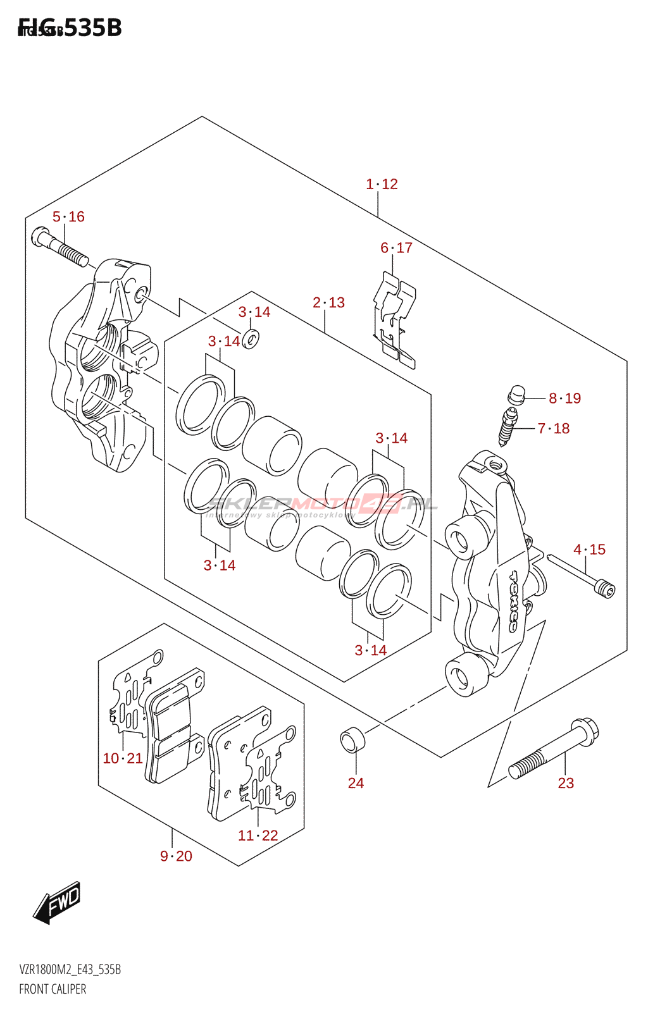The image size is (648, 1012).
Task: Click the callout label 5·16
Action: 68,217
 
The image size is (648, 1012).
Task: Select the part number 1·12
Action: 382,184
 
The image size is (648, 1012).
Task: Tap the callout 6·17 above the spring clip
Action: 396,248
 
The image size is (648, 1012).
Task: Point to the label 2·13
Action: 328,303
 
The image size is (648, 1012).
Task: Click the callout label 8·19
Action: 564,398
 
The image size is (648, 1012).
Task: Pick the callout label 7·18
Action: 554,429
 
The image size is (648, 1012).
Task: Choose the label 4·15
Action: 589,550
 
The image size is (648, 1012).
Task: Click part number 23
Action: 566,783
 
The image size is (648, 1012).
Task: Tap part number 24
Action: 356,783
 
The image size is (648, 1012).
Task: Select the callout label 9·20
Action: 176,856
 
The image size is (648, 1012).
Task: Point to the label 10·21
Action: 123,758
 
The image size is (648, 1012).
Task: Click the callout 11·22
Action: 258,836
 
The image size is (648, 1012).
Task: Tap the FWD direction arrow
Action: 58,902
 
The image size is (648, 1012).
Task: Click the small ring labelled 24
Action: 352,740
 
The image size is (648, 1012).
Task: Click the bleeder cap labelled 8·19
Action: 516,395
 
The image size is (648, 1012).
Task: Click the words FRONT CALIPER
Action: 53,989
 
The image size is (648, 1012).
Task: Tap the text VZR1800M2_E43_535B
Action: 70,970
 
